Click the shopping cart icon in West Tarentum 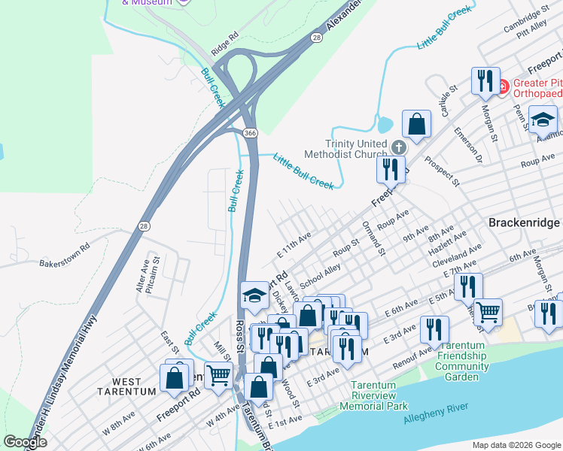[218, 374]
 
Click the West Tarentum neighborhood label [126, 391]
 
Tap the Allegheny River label [436, 411]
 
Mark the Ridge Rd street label [224, 44]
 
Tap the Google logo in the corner [26, 442]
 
